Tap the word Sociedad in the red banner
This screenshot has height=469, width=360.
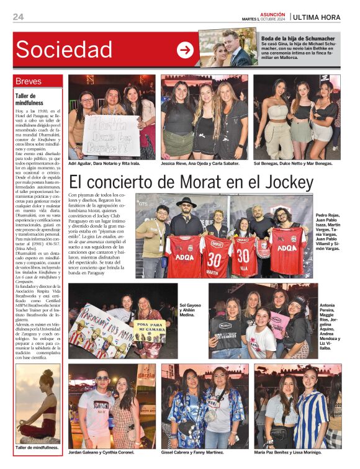click(x=65, y=49)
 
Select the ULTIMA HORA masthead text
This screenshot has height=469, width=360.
click(x=317, y=17)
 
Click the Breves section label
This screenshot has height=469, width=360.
click(x=29, y=81)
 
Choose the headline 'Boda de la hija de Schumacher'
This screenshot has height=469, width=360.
click(x=298, y=38)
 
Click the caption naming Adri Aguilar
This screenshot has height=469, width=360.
click(x=104, y=164)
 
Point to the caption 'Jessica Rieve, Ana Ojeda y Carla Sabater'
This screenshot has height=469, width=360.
click(x=200, y=164)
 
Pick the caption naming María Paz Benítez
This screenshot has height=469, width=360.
click(x=292, y=453)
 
